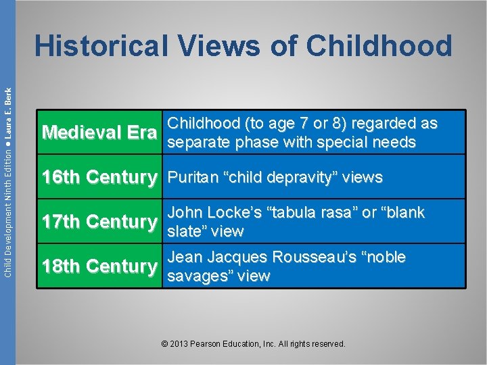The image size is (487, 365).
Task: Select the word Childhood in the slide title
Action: click(379, 47)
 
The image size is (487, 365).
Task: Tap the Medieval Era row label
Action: click(99, 133)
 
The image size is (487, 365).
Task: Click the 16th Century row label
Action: click(99, 178)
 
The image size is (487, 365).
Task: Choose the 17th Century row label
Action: click(99, 222)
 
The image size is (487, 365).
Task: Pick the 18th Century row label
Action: click(99, 266)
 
